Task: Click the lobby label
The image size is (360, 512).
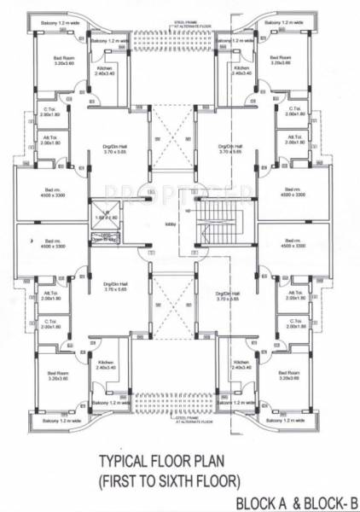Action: pyautogui.click(x=170, y=225)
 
